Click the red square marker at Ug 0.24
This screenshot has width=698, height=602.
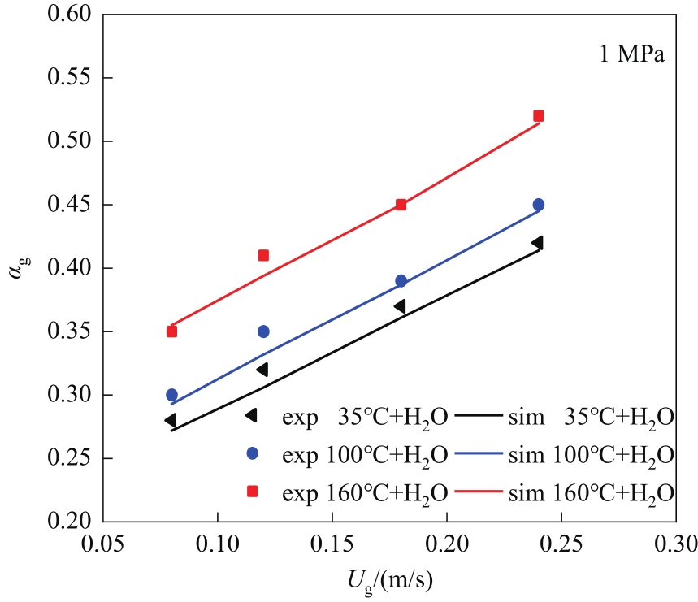(538, 116)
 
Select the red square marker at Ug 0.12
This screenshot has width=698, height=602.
(263, 255)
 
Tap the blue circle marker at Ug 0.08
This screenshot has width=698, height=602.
(171, 395)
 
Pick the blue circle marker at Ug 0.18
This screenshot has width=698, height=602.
(401, 281)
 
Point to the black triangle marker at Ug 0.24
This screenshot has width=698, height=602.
(536, 242)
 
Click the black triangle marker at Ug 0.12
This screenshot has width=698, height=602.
(262, 370)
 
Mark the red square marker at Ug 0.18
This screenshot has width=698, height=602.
(401, 205)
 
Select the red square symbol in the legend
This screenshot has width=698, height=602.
(253, 491)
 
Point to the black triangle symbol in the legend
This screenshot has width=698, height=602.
(252, 415)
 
